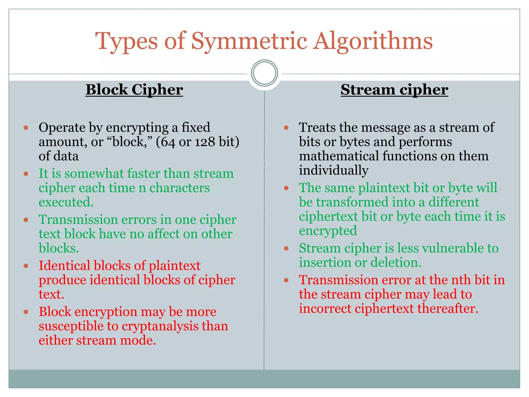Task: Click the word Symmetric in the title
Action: [x=249, y=41]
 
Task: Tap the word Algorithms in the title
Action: [x=373, y=41]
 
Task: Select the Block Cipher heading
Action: [x=134, y=90]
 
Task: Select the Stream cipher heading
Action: [x=394, y=90]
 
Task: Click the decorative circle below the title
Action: [x=264, y=73]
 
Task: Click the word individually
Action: [x=333, y=170]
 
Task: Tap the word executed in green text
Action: [x=66, y=202]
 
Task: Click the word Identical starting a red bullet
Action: [x=64, y=266]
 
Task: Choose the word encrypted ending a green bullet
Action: [x=328, y=231]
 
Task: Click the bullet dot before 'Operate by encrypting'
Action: [x=26, y=128]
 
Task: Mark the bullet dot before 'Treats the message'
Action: [x=286, y=128]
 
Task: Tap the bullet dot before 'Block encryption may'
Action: [x=26, y=312]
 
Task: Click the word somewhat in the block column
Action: [x=94, y=173]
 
